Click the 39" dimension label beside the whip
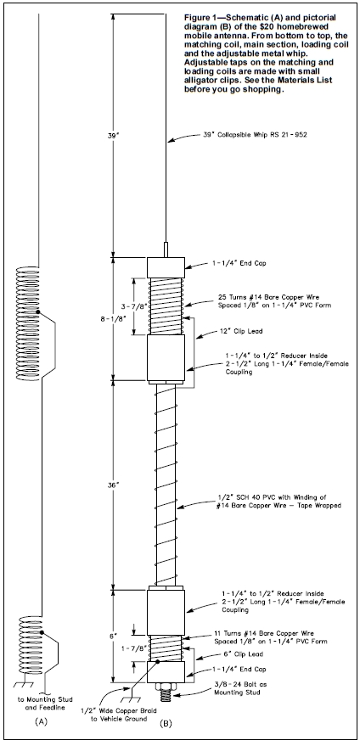(x=112, y=135)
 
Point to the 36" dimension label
(x=112, y=485)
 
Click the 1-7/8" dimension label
(x=132, y=648)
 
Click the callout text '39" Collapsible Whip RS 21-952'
(x=255, y=135)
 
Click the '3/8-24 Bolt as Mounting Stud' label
(x=238, y=688)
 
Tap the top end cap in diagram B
(x=166, y=268)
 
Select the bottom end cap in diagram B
(x=166, y=671)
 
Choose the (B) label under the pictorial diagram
(x=166, y=724)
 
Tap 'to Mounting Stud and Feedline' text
(x=41, y=704)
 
